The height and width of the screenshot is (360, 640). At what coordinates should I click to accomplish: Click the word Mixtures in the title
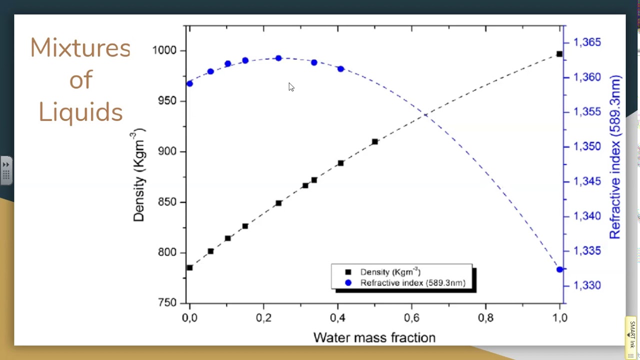(x=80, y=48)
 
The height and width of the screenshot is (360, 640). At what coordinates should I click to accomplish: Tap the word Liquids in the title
(x=80, y=111)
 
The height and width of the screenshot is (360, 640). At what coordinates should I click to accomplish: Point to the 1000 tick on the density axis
(x=164, y=50)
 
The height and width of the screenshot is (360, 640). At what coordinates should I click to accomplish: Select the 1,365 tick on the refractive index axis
(x=587, y=42)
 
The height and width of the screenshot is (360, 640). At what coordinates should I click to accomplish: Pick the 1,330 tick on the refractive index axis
(x=587, y=285)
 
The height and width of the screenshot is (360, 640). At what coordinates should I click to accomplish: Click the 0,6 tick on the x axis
(x=411, y=318)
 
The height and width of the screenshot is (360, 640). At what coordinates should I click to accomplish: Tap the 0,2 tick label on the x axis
(x=263, y=318)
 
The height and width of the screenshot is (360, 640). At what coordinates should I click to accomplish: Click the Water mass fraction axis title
(x=374, y=338)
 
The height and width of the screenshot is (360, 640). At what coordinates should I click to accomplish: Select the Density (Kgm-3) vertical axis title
(x=138, y=175)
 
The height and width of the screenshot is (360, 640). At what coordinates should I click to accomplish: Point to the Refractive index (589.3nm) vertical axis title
(x=614, y=157)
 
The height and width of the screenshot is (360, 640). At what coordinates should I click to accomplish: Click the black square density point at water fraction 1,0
(x=559, y=54)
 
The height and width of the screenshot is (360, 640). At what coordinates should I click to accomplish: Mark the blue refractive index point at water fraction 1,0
(x=559, y=269)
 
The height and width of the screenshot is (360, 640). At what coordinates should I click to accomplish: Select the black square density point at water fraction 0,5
(x=375, y=141)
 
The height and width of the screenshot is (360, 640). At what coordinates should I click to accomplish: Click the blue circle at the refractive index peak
(x=278, y=58)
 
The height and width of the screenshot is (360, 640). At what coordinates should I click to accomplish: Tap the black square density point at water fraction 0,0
(x=189, y=267)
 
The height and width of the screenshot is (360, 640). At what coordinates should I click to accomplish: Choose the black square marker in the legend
(x=348, y=272)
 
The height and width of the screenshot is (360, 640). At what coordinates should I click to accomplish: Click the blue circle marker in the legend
(x=348, y=283)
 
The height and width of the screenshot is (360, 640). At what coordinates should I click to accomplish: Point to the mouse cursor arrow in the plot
(x=291, y=87)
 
